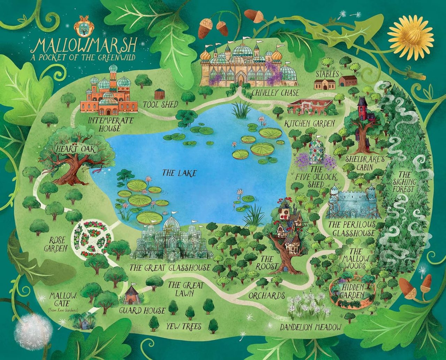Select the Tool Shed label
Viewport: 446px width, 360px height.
pos(160,104)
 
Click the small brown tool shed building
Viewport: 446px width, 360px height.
pos(159,93)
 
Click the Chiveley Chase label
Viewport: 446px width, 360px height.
pos(275,93)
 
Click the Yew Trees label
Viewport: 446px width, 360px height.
pos(184,327)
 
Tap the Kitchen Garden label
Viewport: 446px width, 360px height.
pos(309,123)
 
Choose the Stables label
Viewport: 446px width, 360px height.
pos(327,74)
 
